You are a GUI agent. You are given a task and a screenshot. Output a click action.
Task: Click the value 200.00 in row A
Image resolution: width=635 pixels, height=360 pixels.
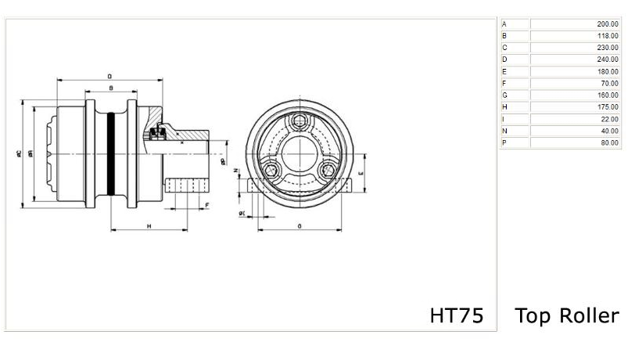pos(607,24)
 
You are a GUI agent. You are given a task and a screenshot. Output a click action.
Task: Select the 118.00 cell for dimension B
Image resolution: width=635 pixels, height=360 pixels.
pos(607,36)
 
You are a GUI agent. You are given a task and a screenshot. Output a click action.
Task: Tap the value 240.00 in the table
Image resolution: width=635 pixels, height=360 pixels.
pos(607,59)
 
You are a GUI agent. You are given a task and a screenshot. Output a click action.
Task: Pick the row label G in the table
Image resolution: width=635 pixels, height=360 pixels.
pos(504,95)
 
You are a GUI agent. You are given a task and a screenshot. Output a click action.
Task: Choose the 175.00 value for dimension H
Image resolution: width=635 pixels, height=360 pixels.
pos(607,106)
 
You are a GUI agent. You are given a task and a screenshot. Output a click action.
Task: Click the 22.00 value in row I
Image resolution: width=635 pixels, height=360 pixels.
pos(608,118)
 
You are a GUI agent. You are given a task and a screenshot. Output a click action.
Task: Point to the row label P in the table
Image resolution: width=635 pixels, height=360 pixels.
pos(504,142)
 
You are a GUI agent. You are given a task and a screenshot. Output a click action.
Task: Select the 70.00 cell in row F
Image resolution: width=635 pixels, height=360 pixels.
pos(608,83)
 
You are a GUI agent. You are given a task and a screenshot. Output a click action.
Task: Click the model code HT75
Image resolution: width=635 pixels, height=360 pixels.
pos(457,315)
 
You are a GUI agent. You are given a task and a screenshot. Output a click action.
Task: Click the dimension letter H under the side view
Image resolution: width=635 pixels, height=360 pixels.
pos(149,225)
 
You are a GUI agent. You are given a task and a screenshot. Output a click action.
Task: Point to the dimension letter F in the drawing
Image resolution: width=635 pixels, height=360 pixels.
pos(206,205)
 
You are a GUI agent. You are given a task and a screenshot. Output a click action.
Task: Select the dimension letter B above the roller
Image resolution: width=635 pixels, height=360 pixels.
pos(111,88)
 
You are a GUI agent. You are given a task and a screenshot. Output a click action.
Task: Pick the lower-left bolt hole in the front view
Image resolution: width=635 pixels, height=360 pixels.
pos(271,171)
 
